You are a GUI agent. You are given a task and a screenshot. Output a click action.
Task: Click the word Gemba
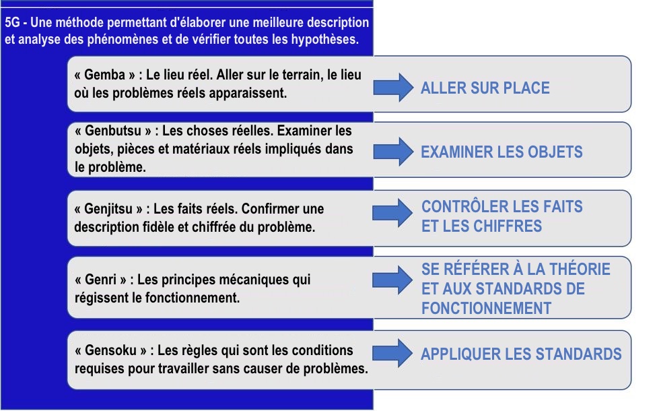104,75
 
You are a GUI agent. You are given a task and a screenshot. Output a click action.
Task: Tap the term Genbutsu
113,131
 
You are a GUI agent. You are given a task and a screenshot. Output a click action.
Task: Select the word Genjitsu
108,209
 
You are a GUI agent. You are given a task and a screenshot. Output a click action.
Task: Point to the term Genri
100,280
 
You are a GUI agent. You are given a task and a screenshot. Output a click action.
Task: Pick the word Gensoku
110,350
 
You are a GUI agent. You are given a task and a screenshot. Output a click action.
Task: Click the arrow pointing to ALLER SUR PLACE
393,88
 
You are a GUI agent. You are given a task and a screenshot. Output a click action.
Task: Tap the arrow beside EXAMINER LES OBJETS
393,152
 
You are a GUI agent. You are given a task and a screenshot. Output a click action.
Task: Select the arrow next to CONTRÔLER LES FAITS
392,213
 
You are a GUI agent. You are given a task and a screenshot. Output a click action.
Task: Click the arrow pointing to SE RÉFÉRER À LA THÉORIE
392,280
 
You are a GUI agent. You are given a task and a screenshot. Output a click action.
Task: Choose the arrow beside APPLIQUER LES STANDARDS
392,353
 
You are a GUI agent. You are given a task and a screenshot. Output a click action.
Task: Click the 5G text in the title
13,23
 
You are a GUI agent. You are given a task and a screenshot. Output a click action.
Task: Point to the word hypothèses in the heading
325,39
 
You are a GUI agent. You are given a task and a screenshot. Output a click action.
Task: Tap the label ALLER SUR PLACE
485,88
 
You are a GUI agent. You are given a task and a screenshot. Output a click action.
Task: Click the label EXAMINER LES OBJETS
502,152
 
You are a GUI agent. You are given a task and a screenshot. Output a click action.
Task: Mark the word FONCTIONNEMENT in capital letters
486,309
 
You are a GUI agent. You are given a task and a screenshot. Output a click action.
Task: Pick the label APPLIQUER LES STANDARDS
521,354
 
